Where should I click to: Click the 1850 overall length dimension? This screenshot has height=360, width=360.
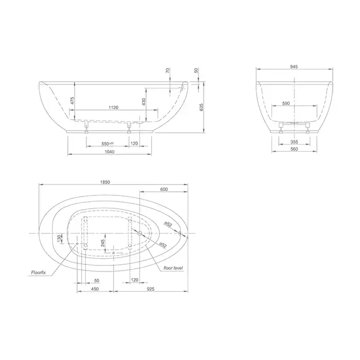pos(105,182)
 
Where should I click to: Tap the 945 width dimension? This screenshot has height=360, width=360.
pos(294,67)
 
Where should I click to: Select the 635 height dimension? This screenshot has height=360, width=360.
pos(202,107)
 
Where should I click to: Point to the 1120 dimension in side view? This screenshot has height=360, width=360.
pos(114,107)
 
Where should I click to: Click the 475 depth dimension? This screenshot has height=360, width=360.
pos(73,101)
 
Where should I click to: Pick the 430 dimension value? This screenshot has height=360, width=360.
pos(143,101)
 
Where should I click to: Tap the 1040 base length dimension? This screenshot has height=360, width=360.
pos(110,152)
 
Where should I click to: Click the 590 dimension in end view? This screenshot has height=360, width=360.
pos(286,103)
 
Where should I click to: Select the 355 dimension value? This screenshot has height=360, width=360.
pos(294,142)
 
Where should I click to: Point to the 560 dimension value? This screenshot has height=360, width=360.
pos(294,149)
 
